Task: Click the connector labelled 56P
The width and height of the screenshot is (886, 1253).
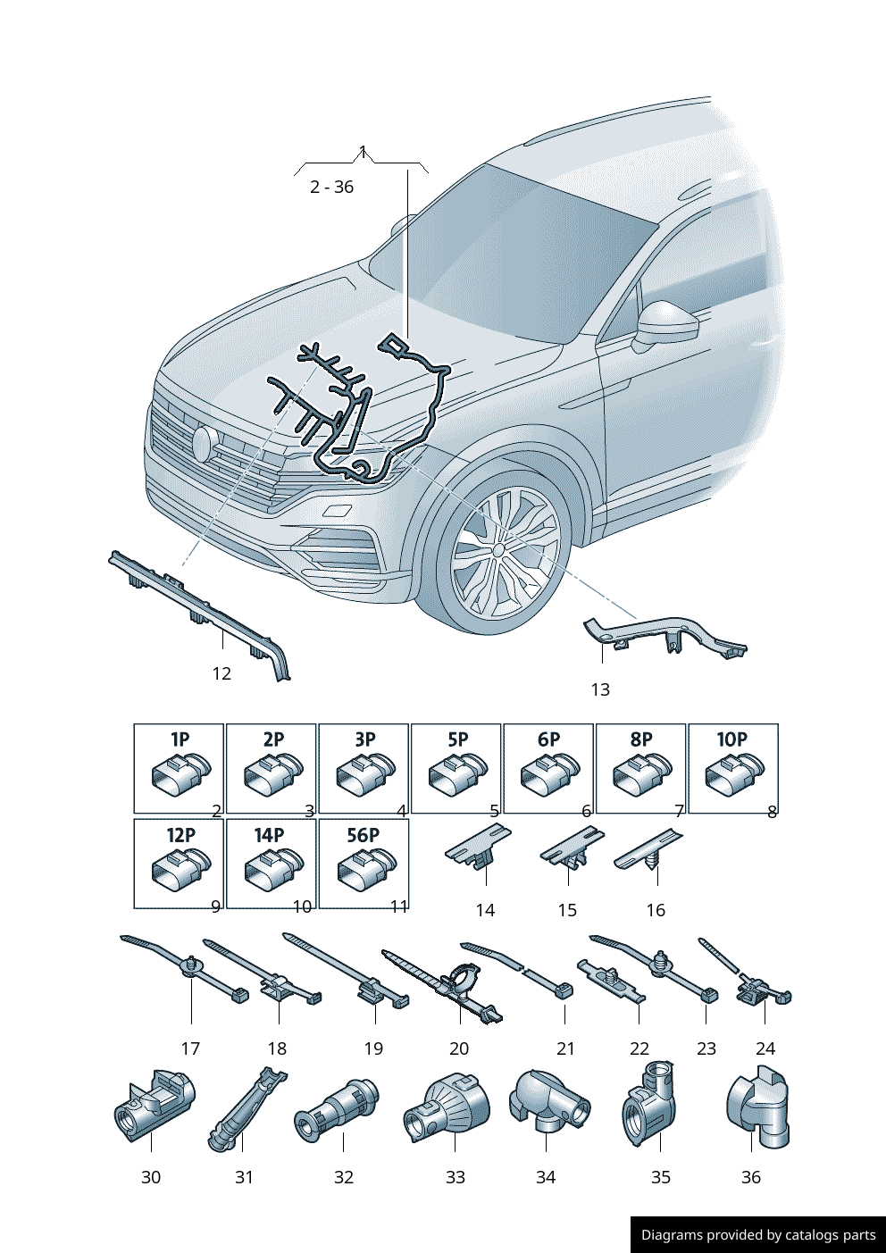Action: click(364, 864)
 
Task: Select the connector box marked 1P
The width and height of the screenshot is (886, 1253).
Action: click(179, 769)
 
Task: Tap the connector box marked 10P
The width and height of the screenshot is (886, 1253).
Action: click(732, 769)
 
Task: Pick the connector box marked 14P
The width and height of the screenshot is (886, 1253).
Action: click(271, 864)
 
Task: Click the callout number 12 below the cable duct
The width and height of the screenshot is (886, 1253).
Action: click(221, 673)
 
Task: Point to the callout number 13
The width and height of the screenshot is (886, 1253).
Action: click(600, 689)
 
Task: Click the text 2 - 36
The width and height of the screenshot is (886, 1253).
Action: click(331, 187)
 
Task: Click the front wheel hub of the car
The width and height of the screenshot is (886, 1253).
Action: click(497, 551)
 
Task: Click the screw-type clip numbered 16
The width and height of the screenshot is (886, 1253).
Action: click(650, 852)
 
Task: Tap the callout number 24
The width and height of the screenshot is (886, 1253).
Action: click(765, 1048)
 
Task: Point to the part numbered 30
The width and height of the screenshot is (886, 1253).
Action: click(152, 1107)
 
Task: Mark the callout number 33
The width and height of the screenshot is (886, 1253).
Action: click(456, 1177)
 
